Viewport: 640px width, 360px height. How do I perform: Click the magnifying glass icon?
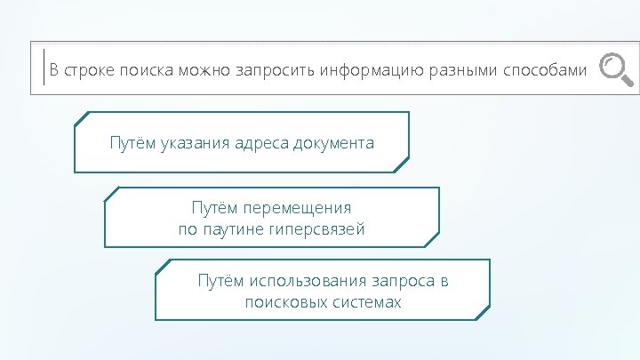[x=616, y=70]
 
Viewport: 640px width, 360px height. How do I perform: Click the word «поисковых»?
[x=280, y=302]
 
